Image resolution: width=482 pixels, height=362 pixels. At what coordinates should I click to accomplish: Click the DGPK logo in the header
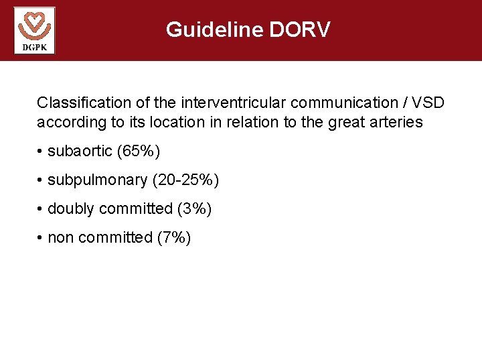click(34, 30)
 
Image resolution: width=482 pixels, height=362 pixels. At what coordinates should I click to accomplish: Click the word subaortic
click(80, 152)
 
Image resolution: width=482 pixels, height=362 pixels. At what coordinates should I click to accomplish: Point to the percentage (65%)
click(138, 152)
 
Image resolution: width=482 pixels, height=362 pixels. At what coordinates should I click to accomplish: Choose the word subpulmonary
click(97, 180)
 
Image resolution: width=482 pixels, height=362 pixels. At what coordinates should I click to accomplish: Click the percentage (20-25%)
click(185, 180)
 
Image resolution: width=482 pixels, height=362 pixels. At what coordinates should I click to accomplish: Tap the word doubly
click(71, 209)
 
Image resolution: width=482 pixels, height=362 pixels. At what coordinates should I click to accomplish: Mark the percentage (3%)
click(194, 209)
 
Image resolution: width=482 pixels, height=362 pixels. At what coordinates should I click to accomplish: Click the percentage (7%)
click(173, 238)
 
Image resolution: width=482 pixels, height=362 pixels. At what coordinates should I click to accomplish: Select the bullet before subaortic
click(41, 152)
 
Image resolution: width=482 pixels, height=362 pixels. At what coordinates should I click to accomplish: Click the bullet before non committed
click(41, 238)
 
